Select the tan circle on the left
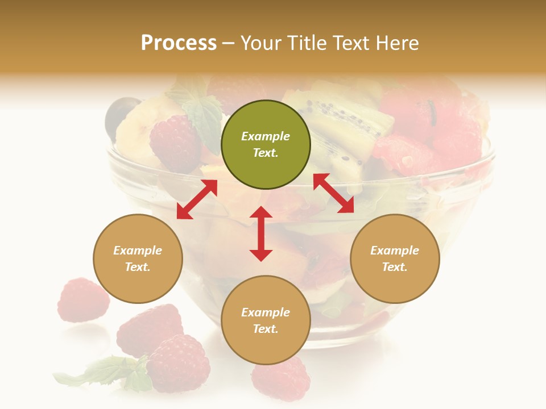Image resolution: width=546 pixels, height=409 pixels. click(x=138, y=258)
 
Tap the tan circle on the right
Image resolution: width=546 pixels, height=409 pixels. click(x=395, y=258)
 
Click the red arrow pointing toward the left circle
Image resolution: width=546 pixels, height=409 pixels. click(x=197, y=199)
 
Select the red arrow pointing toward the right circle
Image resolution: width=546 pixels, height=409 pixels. click(x=333, y=193)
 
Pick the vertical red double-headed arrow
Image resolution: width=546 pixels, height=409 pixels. click(x=261, y=233)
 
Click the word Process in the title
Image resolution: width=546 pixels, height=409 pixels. click(x=179, y=43)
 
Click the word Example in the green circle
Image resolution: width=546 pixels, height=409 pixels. click(x=266, y=136)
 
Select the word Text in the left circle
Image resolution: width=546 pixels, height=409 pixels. click(x=138, y=267)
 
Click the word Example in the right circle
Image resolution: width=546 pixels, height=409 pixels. click(x=395, y=251)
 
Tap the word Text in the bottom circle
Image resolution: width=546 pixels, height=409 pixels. click(x=266, y=329)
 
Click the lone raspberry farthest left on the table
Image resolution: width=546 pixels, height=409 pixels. click(x=82, y=300)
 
